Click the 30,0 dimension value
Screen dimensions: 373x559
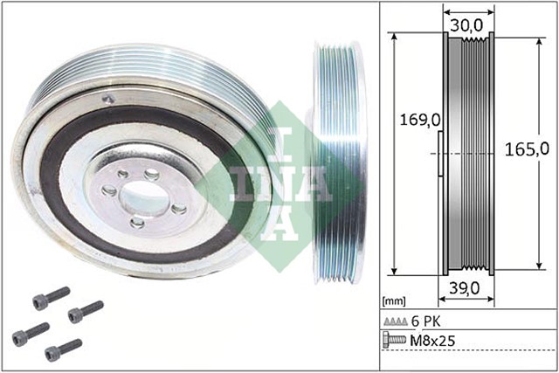467,26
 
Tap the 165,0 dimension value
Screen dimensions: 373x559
530,149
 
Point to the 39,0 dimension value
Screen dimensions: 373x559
466,288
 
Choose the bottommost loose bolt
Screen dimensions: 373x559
63,349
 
